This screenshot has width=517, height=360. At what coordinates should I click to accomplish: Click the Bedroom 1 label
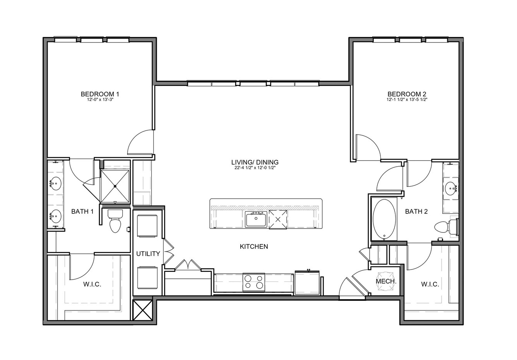[100, 94]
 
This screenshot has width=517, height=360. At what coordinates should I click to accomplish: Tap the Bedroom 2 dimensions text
[407, 100]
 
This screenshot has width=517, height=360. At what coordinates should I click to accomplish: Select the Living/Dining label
[255, 162]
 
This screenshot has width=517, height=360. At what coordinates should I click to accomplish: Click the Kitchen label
[254, 247]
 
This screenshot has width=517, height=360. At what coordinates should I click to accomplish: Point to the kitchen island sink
[256, 219]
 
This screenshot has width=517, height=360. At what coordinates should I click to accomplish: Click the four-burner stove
[253, 282]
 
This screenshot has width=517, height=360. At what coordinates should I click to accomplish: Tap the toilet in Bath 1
[115, 221]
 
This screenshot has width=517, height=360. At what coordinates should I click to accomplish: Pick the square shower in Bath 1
[115, 186]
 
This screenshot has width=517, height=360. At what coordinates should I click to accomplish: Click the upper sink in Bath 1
[55, 184]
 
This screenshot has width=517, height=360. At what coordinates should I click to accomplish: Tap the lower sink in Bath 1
[55, 216]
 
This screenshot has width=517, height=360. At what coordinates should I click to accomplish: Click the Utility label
[148, 254]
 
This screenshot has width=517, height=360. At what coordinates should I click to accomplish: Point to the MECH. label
[386, 282]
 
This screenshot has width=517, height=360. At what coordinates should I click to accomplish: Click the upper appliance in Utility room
[147, 226]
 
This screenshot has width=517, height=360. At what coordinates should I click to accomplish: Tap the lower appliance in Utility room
[147, 278]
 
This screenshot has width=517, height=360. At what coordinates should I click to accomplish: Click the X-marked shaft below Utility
[143, 310]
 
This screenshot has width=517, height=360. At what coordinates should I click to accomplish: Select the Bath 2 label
[416, 212]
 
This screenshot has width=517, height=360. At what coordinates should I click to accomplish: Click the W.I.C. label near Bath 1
[92, 284]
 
